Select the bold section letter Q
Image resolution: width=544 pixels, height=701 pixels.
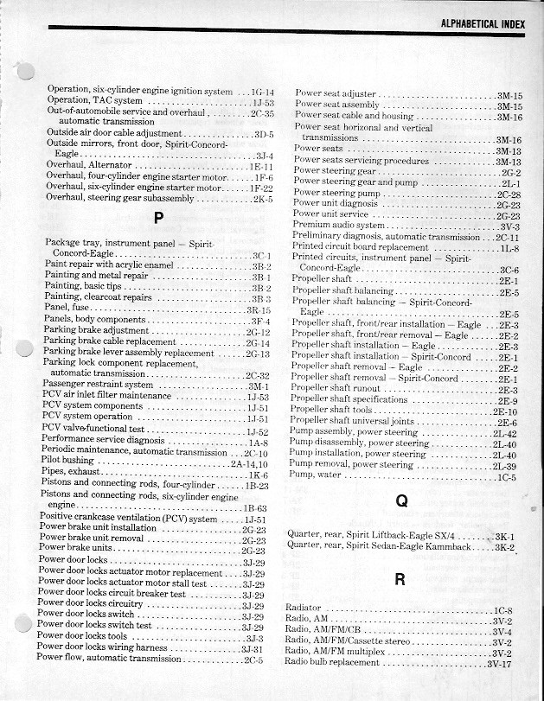[400, 500]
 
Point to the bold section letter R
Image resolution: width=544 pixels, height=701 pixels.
[400, 579]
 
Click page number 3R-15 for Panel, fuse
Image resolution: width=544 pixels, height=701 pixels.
[259, 309]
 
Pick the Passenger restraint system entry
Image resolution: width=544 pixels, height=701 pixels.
[97, 385]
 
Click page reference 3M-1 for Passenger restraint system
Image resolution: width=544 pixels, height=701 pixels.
[259, 386]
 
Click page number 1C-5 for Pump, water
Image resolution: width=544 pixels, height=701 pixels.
[507, 477]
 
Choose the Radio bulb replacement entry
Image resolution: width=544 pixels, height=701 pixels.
[332, 662]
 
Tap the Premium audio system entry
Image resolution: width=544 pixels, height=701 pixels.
[338, 225]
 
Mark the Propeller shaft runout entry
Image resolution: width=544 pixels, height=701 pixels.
[332, 389]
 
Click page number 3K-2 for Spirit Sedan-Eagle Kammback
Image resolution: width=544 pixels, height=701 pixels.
[504, 547]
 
